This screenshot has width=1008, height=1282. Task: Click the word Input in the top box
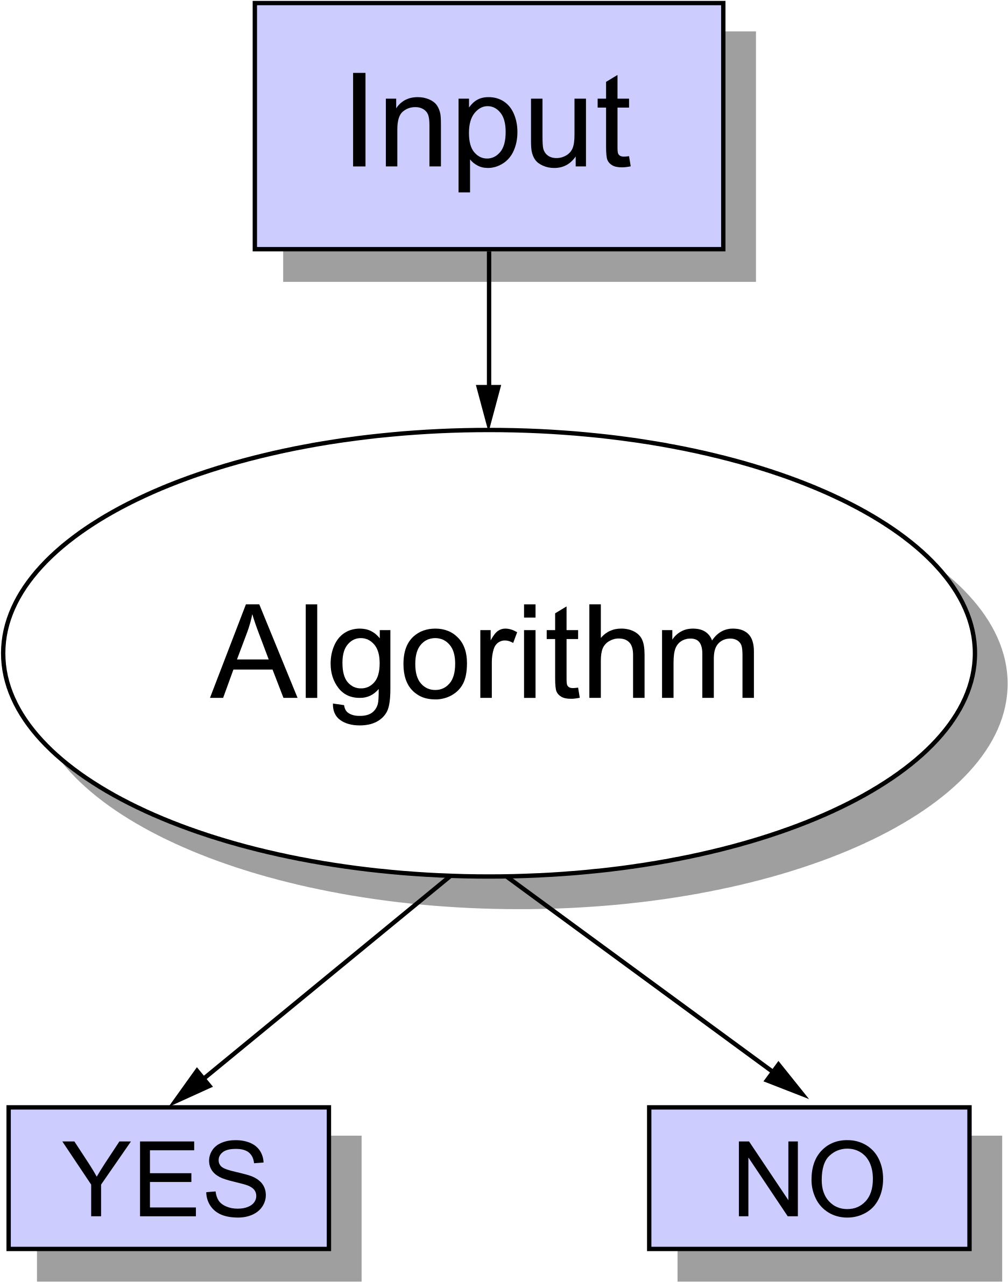point(490,127)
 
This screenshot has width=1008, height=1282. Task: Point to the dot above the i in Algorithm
point(530,611)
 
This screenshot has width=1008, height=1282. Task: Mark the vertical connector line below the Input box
point(489,267)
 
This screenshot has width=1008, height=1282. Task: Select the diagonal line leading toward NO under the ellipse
point(530,892)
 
